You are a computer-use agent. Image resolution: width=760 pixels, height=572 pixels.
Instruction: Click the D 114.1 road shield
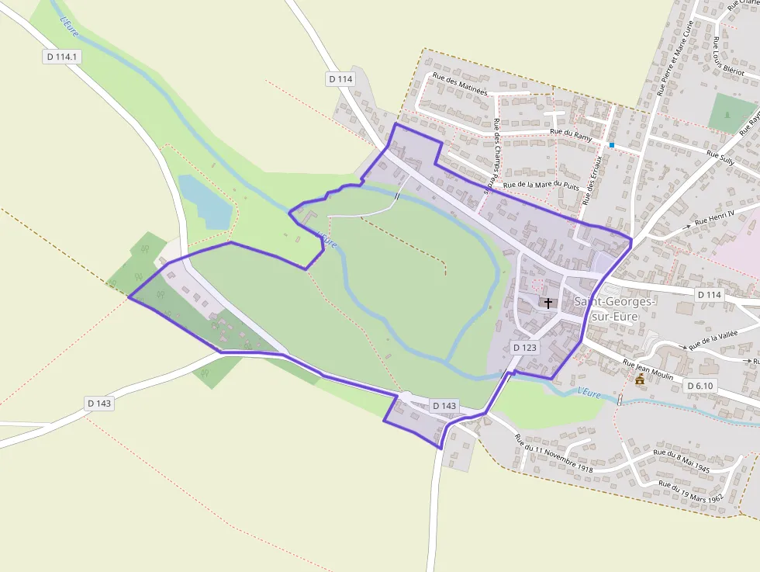click(x=63, y=57)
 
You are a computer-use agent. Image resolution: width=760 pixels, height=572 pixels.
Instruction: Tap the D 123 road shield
click(x=525, y=348)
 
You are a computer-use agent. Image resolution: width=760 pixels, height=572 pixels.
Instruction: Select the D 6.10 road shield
click(x=700, y=386)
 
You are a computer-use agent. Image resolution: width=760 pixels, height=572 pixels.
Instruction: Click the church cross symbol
click(x=548, y=303)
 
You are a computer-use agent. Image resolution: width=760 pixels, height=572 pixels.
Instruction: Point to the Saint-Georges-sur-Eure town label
click(x=614, y=309)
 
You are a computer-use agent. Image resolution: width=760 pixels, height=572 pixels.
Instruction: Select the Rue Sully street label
click(x=720, y=157)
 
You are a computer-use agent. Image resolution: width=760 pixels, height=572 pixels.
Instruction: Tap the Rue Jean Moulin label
click(x=651, y=369)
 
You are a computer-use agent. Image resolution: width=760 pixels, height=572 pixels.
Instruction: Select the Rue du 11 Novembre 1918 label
click(x=552, y=454)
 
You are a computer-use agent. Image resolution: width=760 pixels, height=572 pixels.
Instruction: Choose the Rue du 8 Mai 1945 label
click(x=682, y=461)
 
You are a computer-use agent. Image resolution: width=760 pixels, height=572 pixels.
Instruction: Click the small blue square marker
click(x=612, y=145)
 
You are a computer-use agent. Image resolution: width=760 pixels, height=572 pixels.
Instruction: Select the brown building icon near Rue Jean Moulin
click(x=640, y=380)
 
